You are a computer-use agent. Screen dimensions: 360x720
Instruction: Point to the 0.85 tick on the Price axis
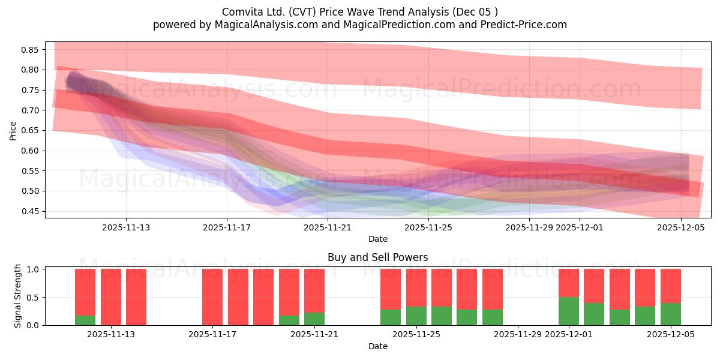click(31, 49)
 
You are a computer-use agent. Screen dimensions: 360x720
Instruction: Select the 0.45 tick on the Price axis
click(31, 211)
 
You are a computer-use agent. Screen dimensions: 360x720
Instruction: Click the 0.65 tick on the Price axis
click(31, 130)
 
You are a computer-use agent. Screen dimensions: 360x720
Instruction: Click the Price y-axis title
click(13, 130)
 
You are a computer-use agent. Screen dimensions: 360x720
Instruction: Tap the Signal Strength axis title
click(18, 296)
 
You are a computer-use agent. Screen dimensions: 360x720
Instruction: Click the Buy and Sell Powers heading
click(377, 257)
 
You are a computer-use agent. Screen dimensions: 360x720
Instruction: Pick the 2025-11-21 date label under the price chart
click(328, 227)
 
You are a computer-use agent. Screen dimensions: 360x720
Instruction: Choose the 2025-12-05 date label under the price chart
click(681, 227)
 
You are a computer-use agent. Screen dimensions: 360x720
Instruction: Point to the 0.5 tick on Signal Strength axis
click(33, 297)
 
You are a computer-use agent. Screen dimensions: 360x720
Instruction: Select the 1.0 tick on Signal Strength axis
click(33, 269)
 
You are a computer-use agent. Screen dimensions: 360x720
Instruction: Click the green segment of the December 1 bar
click(569, 311)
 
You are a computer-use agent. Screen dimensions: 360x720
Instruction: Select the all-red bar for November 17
click(212, 297)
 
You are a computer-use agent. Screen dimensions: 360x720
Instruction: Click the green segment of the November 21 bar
click(314, 319)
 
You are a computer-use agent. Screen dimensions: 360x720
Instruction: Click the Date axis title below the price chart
click(377, 239)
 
